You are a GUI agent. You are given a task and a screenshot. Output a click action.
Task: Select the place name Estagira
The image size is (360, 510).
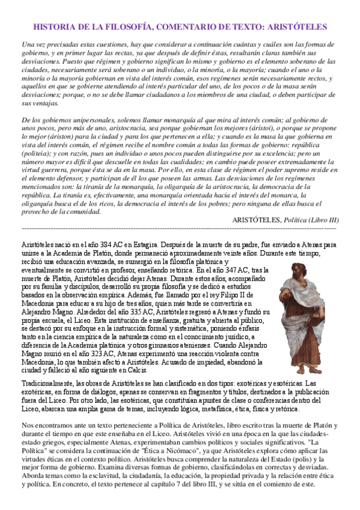pos(143,245)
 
